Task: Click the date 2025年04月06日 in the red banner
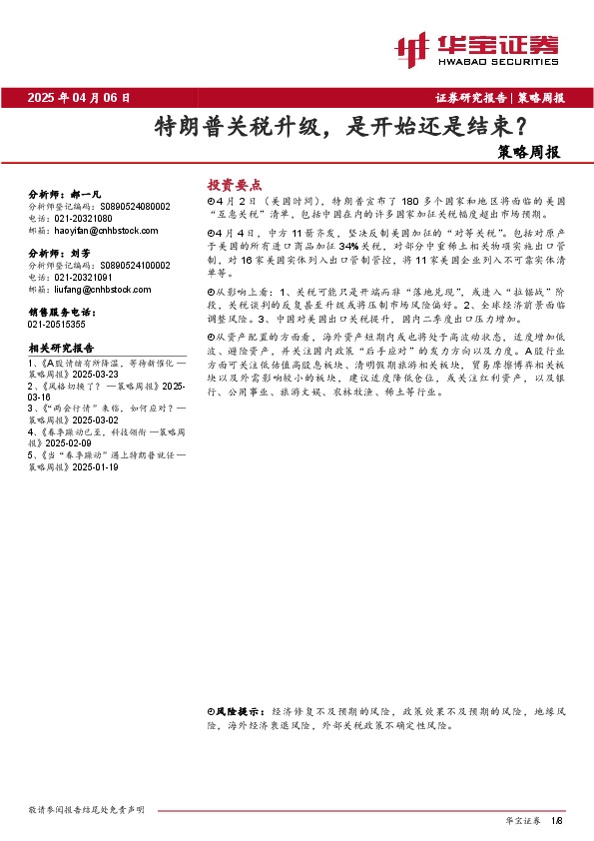point(80,98)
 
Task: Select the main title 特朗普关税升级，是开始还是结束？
point(340,127)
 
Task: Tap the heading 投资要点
point(234,185)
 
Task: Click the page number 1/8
point(557,819)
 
